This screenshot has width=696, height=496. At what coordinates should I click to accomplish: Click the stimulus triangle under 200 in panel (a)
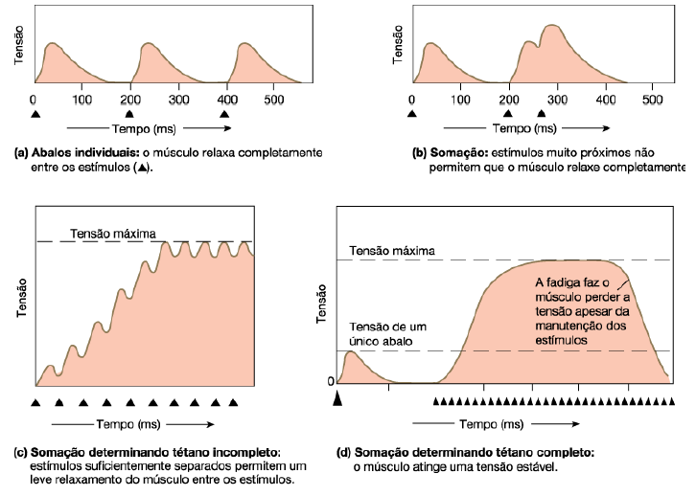(x=129, y=114)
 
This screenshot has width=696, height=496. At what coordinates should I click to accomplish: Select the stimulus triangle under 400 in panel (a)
(x=225, y=114)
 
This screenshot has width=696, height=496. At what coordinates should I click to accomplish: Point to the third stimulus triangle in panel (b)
(x=541, y=114)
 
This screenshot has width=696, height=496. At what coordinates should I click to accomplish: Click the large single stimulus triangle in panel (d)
(x=336, y=399)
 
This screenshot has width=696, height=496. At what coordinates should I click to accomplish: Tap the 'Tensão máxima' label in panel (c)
(x=106, y=232)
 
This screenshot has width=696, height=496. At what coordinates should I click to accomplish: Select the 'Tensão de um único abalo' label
(x=389, y=334)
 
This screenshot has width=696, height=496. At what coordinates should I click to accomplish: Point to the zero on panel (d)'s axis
(x=331, y=381)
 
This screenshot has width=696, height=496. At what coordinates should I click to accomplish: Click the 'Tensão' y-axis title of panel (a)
(x=20, y=48)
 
